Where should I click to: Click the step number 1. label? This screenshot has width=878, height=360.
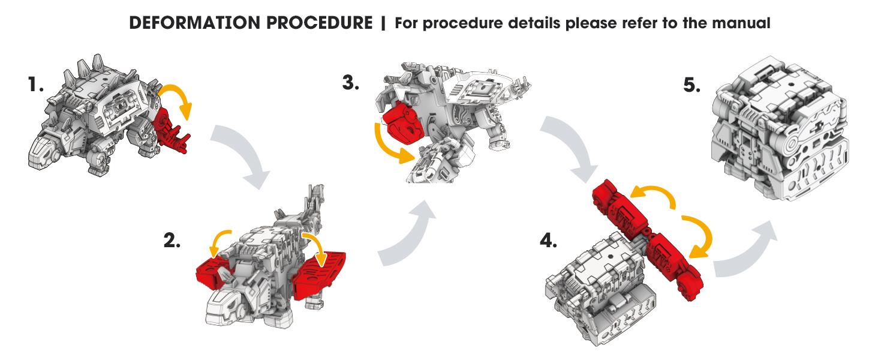coord(35,85)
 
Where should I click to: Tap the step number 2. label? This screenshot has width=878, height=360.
coord(172,240)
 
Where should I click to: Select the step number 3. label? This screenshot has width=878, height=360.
coord(351,83)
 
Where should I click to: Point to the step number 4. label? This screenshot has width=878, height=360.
coord(548,240)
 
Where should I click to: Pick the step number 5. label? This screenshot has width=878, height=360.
coord(692,85)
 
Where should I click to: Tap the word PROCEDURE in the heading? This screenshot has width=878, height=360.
coord(320,23)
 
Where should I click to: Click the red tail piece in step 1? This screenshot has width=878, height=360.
coord(171,131)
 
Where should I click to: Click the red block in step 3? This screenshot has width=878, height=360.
coord(402,123)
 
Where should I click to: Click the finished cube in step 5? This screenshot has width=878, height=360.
coord(780,130)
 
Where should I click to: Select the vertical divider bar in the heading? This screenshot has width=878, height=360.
coord(383,23)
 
